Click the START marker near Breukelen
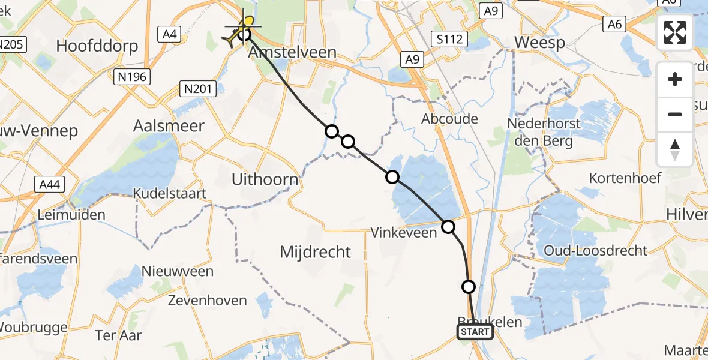475,332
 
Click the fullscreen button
675,32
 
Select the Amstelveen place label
292,52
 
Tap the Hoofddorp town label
97,46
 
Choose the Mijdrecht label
315,252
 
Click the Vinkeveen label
404,232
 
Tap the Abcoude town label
449,119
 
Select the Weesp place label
539,43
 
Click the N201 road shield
197,89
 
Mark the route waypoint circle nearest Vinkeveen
448,227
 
